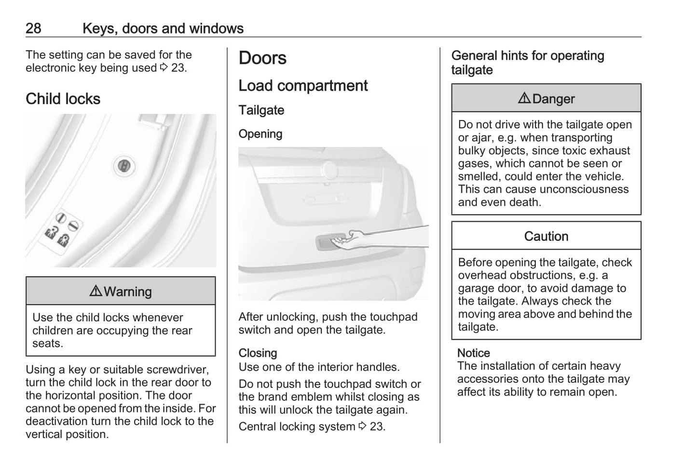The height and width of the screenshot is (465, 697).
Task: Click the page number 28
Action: tap(33, 28)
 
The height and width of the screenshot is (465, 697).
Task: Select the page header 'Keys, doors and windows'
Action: tap(163, 28)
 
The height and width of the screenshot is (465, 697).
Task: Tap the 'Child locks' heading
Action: tap(63, 99)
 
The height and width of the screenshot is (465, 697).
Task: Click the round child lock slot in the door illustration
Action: tap(124, 166)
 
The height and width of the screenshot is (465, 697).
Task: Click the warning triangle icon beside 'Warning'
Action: tap(96, 291)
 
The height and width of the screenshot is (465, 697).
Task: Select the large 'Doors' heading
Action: tap(262, 58)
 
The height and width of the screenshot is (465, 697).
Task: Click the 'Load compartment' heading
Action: tap(303, 86)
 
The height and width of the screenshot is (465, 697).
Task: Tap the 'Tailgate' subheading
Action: tap(261, 110)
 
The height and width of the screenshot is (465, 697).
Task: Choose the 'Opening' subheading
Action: tap(260, 134)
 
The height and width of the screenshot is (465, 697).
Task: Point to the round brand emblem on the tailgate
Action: tap(330, 169)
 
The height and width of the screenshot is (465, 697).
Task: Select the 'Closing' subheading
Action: tap(258, 353)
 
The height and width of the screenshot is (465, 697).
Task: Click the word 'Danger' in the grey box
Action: tap(553, 99)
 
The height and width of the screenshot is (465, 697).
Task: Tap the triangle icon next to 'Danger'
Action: tap(524, 98)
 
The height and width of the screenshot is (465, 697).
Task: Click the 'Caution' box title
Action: tap(546, 236)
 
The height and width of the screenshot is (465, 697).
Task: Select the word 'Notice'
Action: tap(473, 353)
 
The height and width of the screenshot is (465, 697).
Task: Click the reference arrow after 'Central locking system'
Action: tap(363, 426)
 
